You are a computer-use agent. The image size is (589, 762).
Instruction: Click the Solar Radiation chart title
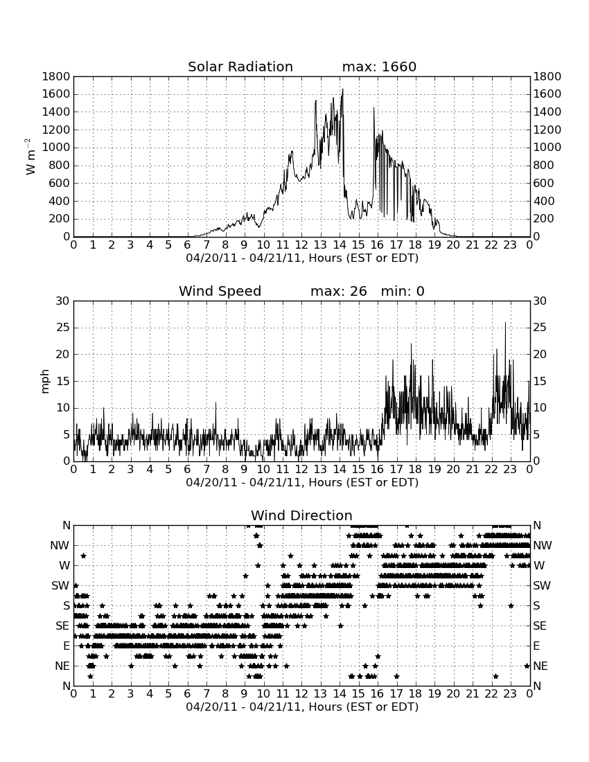coord(240,67)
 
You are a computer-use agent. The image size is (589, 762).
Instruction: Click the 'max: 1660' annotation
coord(379,67)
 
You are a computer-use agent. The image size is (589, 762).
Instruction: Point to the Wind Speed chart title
coord(220,291)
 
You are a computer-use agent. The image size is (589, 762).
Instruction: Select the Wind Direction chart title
coord(301,515)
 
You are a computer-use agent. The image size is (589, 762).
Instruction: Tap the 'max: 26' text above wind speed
coord(339,291)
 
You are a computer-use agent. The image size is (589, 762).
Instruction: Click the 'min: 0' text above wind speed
coord(403,291)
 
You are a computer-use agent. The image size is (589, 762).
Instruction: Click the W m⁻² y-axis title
coord(30,157)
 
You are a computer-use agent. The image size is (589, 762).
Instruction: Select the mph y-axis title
coord(45,382)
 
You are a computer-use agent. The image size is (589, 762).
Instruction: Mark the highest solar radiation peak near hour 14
coord(342,89)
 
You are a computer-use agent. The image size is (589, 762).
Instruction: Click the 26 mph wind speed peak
coord(505,323)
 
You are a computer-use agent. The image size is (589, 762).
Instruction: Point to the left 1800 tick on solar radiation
coord(56,76)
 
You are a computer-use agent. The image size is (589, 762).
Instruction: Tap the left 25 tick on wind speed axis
coord(64,328)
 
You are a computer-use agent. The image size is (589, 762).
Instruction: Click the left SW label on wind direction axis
coord(61,585)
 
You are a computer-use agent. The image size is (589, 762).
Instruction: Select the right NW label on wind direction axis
coord(543,546)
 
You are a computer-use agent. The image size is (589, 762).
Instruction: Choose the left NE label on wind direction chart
coord(62,666)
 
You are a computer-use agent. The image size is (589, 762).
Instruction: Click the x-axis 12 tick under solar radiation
coord(301,245)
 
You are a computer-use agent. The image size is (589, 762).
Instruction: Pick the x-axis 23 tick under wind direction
coord(510,693)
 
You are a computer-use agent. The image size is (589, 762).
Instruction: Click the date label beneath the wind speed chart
coord(302,483)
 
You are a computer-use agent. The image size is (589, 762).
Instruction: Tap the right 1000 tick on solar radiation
coord(547,148)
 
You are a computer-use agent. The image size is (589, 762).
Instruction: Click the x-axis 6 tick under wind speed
coord(188,469)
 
